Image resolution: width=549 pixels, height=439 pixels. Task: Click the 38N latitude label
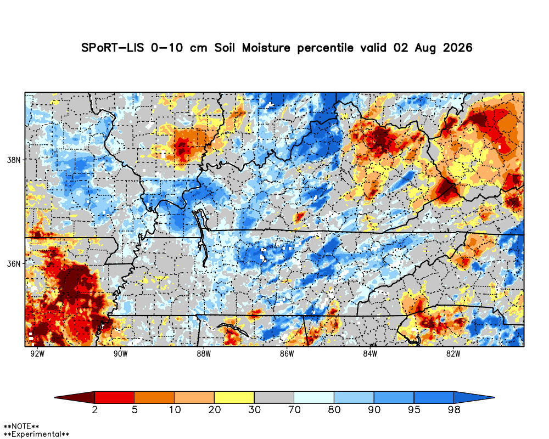pyautogui.click(x=14, y=160)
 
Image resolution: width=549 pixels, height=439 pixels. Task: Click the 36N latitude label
pyautogui.click(x=14, y=263)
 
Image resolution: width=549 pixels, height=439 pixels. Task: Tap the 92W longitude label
pyautogui.click(x=37, y=353)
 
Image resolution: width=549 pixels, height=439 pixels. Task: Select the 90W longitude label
pyautogui.click(x=121, y=353)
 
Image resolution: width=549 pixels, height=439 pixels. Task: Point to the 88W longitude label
pyautogui.click(x=204, y=353)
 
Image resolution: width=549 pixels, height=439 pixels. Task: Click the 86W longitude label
pyautogui.click(x=287, y=353)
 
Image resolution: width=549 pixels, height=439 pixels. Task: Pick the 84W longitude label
pyautogui.click(x=370, y=353)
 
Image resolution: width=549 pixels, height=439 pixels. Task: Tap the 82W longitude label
pyautogui.click(x=453, y=353)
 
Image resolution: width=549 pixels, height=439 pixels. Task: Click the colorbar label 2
pyautogui.click(x=95, y=409)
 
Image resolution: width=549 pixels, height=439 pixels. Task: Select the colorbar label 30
pyautogui.click(x=255, y=409)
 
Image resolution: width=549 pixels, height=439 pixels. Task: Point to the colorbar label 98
pyautogui.click(x=454, y=409)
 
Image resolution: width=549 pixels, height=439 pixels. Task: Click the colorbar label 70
pyautogui.click(x=294, y=409)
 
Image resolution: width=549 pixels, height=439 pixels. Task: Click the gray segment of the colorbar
pyautogui.click(x=274, y=397)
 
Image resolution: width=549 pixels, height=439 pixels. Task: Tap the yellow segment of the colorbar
pyautogui.click(x=234, y=397)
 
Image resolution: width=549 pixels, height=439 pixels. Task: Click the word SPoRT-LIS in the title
pyautogui.click(x=113, y=48)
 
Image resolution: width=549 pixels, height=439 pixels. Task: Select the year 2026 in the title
pyautogui.click(x=458, y=48)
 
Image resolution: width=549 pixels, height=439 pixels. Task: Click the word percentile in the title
pyautogui.click(x=325, y=48)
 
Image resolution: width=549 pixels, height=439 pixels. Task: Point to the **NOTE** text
pyautogui.click(x=21, y=426)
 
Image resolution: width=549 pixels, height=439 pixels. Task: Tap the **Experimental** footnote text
pyautogui.click(x=36, y=435)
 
